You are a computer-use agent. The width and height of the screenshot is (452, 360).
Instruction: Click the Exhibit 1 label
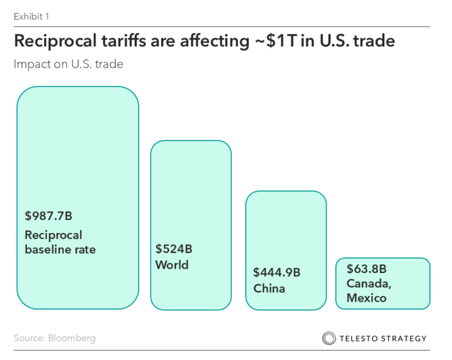(31, 16)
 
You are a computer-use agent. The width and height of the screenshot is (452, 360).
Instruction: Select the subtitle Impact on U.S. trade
(68, 64)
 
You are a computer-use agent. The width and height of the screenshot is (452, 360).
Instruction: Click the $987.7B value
(48, 216)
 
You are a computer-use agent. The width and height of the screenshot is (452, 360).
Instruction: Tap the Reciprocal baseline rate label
(60, 242)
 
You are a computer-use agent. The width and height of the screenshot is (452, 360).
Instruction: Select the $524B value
(174, 249)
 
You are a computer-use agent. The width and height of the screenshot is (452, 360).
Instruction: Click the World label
(172, 265)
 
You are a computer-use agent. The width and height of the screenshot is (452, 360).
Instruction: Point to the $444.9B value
(277, 272)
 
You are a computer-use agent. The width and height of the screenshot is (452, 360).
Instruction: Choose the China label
(269, 289)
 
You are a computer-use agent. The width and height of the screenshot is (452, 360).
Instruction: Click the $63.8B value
(366, 269)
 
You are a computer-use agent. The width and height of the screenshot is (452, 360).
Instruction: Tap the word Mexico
(366, 298)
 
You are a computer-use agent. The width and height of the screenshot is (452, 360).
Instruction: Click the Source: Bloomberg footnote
(54, 338)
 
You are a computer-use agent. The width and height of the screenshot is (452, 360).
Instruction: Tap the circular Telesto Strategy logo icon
(328, 338)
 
